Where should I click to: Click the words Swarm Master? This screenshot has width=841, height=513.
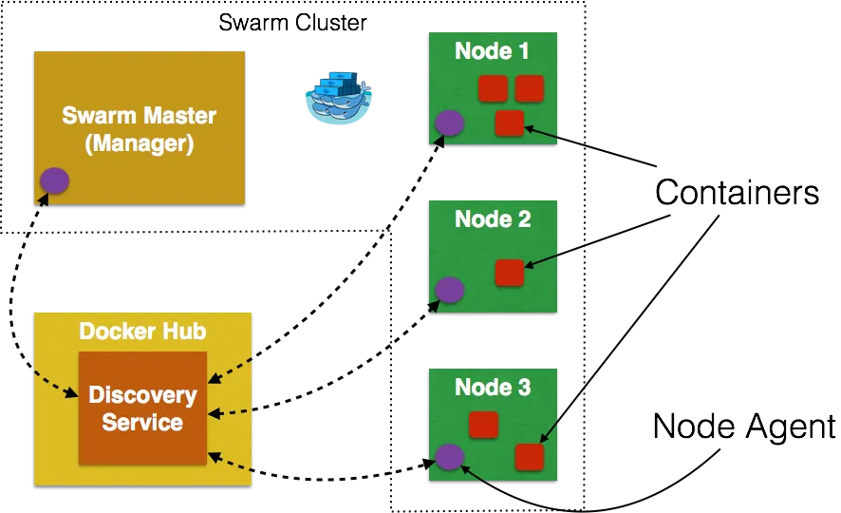pos(140,116)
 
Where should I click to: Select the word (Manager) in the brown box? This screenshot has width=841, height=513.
pos(140,144)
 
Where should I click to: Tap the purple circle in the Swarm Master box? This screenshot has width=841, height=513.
pos(54,180)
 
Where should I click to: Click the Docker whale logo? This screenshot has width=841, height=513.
pos(340,98)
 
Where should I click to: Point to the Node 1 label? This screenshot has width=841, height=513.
pos(492,50)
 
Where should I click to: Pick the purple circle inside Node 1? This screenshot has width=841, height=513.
pos(449,123)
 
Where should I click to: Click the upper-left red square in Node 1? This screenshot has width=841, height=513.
pos(492,89)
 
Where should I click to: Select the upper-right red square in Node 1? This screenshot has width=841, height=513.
pos(529,89)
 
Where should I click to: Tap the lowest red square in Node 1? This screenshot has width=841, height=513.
pos(510,123)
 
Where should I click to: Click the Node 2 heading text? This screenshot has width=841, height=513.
pos(492,218)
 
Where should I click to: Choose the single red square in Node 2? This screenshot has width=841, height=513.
pos(510,273)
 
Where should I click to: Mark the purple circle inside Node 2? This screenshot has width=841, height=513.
pos(449,290)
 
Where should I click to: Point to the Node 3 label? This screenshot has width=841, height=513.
pos(492,387)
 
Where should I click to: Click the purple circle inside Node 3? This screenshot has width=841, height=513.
pos(449,457)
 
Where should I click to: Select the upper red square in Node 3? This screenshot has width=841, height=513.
pos(483,425)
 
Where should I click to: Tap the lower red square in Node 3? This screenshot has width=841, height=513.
pos(529,457)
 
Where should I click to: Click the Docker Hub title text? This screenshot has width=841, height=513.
pos(142,332)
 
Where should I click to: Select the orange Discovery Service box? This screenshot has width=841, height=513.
pos(142,408)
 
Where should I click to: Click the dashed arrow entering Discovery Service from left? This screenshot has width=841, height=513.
pos(55,384)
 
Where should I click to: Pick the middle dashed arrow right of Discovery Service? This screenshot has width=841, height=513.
pos(233,413)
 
